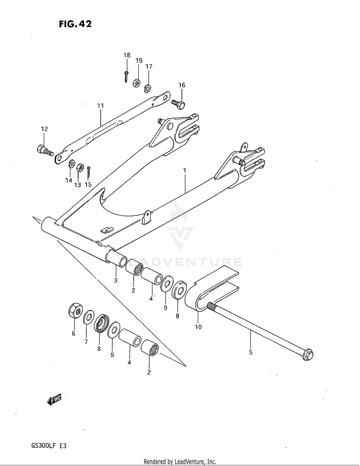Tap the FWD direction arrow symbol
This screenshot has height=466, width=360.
pyautogui.click(x=54, y=399)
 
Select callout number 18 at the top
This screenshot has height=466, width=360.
pyautogui.click(x=127, y=56)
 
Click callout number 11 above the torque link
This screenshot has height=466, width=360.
pyautogui.click(x=100, y=105)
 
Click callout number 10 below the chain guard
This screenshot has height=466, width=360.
pyautogui.click(x=198, y=326)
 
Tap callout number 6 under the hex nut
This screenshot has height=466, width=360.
pyautogui.click(x=73, y=333)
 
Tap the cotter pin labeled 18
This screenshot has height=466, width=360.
pyautogui.click(x=126, y=76)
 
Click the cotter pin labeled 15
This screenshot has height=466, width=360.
pyautogui.click(x=88, y=169)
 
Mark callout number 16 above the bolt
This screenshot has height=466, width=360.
pyautogui.click(x=182, y=85)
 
